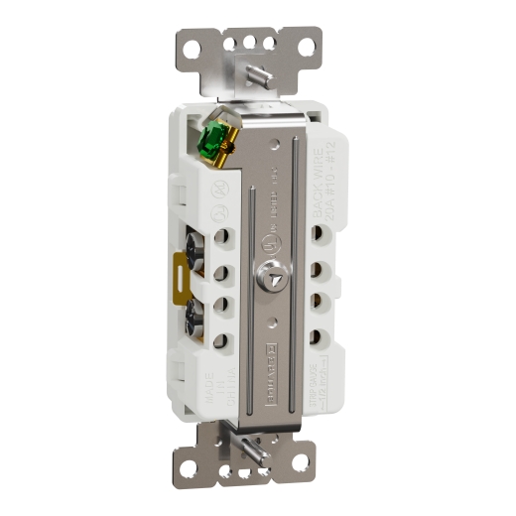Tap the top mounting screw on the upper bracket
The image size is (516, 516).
[x=260, y=73]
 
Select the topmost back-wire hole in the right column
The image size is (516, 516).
[x=320, y=236]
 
